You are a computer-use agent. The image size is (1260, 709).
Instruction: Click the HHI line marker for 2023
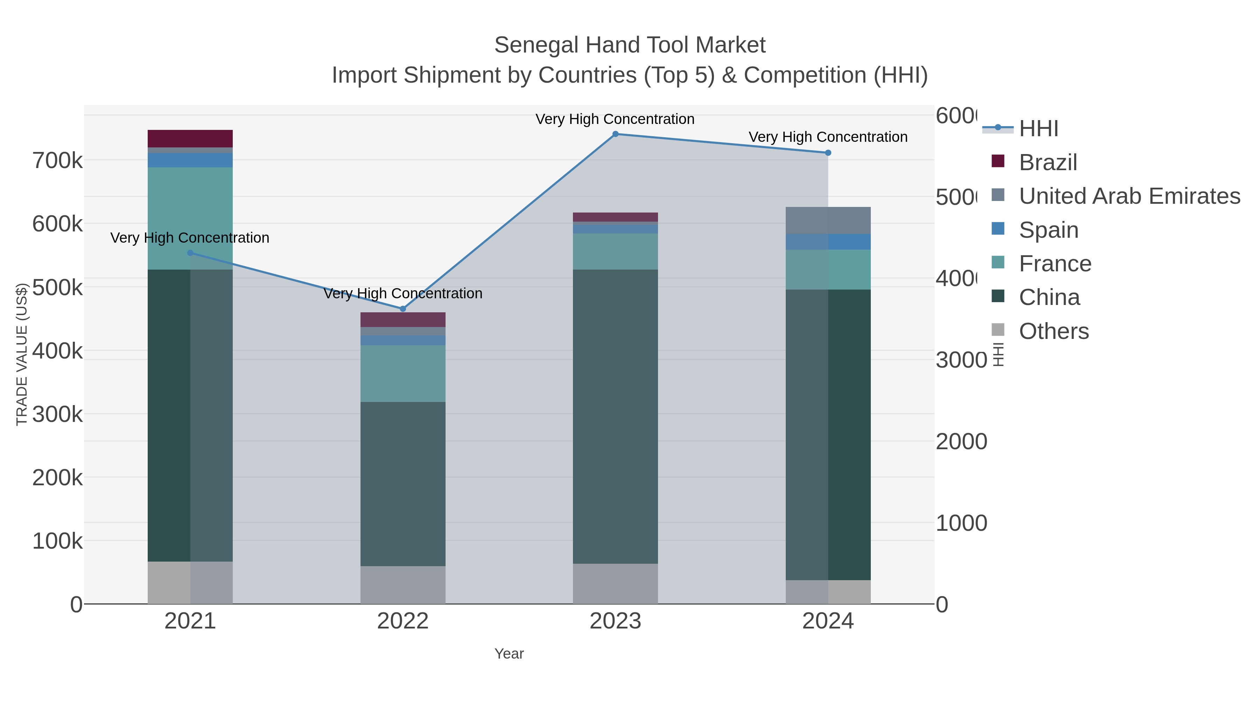(615, 134)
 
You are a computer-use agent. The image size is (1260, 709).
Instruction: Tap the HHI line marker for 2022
(402, 309)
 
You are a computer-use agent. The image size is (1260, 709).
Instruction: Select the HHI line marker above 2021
(190, 253)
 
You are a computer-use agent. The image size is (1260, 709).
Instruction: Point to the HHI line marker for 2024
(828, 153)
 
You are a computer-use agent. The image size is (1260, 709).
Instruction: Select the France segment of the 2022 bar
(402, 373)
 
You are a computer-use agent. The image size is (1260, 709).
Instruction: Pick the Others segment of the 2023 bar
(615, 583)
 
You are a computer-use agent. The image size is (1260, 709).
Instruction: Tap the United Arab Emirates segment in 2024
(828, 220)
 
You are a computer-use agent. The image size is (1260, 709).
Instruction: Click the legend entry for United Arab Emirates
(1129, 196)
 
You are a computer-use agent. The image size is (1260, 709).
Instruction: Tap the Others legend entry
(1053, 331)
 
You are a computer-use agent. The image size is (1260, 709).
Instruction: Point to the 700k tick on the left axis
(57, 160)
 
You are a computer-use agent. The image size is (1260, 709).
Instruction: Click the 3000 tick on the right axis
(961, 360)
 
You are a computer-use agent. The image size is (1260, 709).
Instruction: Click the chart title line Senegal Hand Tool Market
(630, 45)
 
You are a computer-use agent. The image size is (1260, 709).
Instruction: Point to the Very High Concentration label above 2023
(615, 119)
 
